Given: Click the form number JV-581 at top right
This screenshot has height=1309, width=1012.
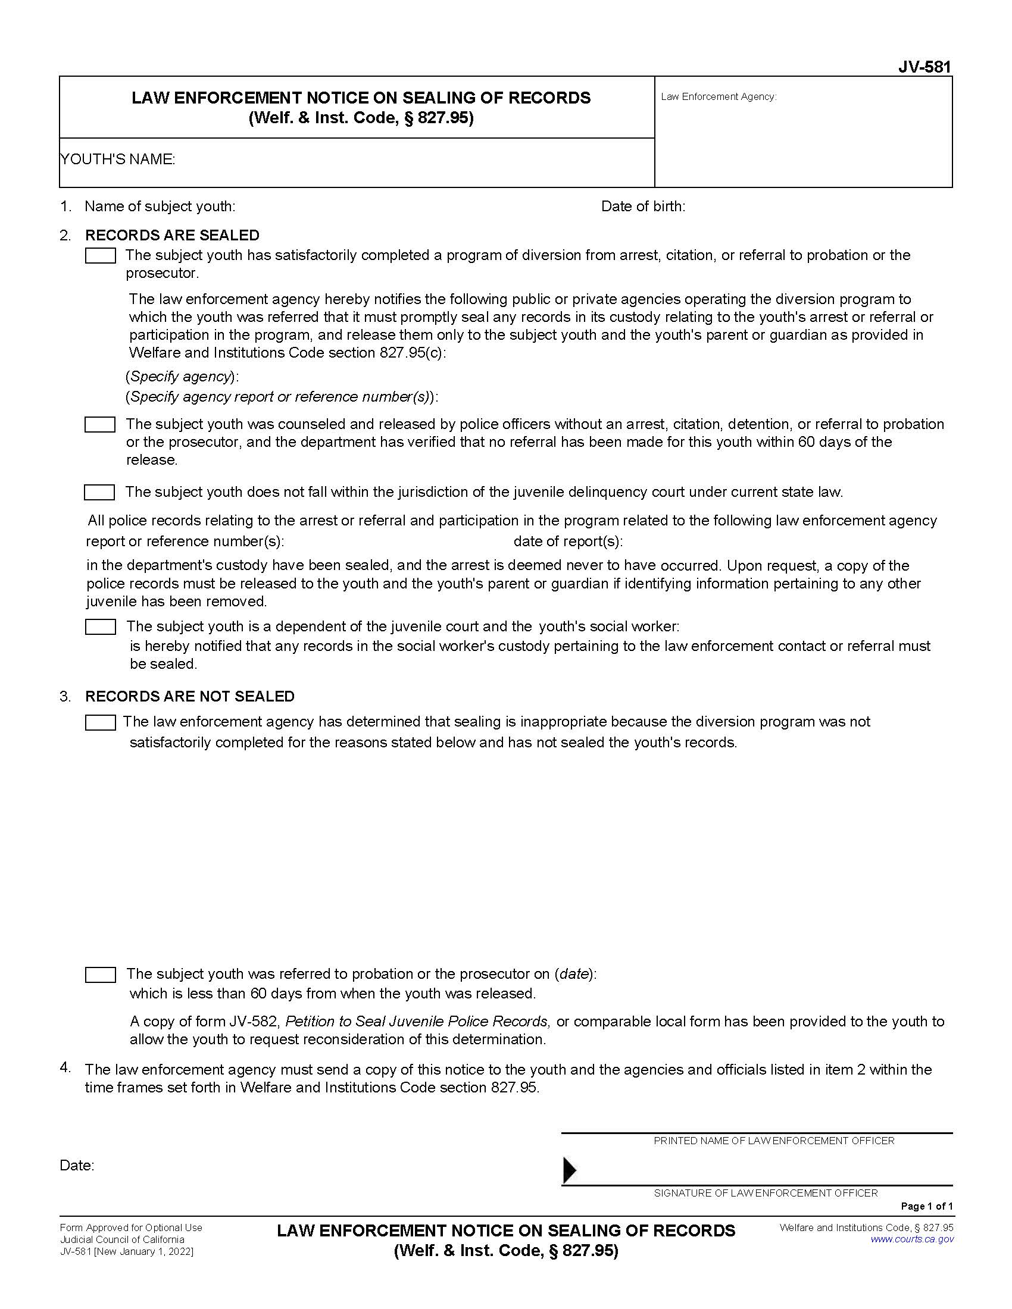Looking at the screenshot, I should pyautogui.click(x=924, y=67).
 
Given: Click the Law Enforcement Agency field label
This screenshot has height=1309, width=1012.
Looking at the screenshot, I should pyautogui.click(x=719, y=96).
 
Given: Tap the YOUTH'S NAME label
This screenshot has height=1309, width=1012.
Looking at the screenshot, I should pyautogui.click(x=117, y=159).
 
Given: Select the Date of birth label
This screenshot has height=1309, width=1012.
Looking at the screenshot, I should pyautogui.click(x=643, y=206).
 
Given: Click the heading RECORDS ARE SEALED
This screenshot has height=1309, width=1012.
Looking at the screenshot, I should pyautogui.click(x=172, y=235).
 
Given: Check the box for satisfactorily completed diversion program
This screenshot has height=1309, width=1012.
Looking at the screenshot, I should pyautogui.click(x=100, y=256).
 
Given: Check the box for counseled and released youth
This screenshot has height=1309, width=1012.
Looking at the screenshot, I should pyautogui.click(x=100, y=425).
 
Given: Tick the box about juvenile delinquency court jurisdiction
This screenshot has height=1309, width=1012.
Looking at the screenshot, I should pyautogui.click(x=99, y=493).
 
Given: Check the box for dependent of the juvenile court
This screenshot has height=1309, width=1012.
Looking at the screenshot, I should pyautogui.click(x=100, y=627).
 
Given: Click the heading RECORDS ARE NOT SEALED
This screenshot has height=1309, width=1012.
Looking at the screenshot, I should pyautogui.click(x=189, y=696).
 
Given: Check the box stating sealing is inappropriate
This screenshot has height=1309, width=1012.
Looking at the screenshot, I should pyautogui.click(x=100, y=723).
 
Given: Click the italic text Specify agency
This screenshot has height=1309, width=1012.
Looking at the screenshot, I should pyautogui.click(x=181, y=377).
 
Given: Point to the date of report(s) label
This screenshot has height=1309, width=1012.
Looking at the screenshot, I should pyautogui.click(x=568, y=541).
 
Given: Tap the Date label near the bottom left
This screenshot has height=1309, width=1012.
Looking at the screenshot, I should pyautogui.click(x=77, y=1165).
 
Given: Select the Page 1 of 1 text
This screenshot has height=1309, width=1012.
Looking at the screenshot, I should pyautogui.click(x=926, y=1206).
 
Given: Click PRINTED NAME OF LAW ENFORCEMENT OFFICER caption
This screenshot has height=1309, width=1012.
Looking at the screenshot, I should pyautogui.click(x=773, y=1141).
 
